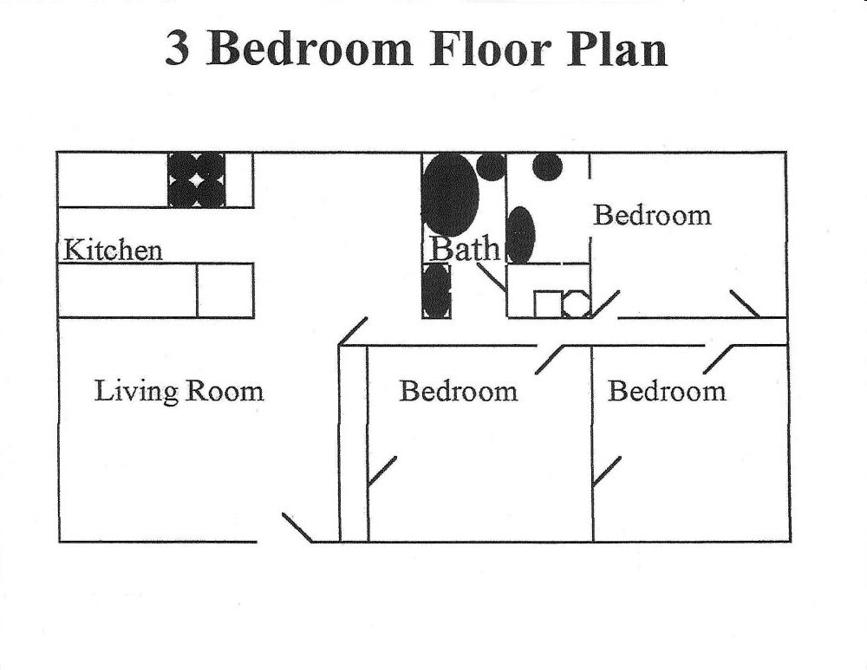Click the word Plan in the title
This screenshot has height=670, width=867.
coord(616,49)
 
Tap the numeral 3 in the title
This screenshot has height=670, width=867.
coord(178,49)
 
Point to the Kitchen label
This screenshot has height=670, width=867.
coord(113,250)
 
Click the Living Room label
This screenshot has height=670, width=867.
coord(179,391)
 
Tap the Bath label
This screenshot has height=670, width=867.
coord(466,250)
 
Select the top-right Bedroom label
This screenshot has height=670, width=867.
coord(652,215)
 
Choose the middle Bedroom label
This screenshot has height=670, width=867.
coord(458,391)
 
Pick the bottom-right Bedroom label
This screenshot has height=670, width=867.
coord(667,391)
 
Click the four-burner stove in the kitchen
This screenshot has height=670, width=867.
coord(197,180)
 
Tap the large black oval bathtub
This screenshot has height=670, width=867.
coord(450,194)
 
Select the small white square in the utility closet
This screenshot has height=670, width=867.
coord(547,304)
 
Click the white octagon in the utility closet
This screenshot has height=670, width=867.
coord(577,304)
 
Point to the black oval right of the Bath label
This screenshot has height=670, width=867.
coord(521,235)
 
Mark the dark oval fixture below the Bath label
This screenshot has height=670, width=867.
coord(437,290)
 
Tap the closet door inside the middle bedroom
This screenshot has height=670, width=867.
coord(381,471)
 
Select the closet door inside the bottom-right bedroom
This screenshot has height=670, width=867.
coord(606,471)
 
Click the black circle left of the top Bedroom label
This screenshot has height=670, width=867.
coord(547,166)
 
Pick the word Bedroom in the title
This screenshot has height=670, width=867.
coord(310,49)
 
